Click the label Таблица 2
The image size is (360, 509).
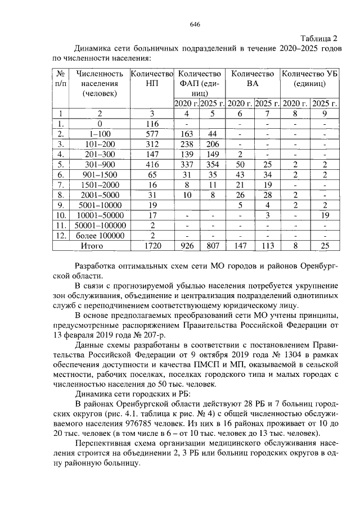coord(318,38)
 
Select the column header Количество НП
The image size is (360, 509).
coord(151,79)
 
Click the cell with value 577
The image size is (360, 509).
coord(151,134)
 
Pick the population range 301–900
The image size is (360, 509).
coord(100,164)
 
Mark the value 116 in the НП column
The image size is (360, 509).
coord(151,124)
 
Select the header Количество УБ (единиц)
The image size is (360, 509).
coord(309,79)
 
